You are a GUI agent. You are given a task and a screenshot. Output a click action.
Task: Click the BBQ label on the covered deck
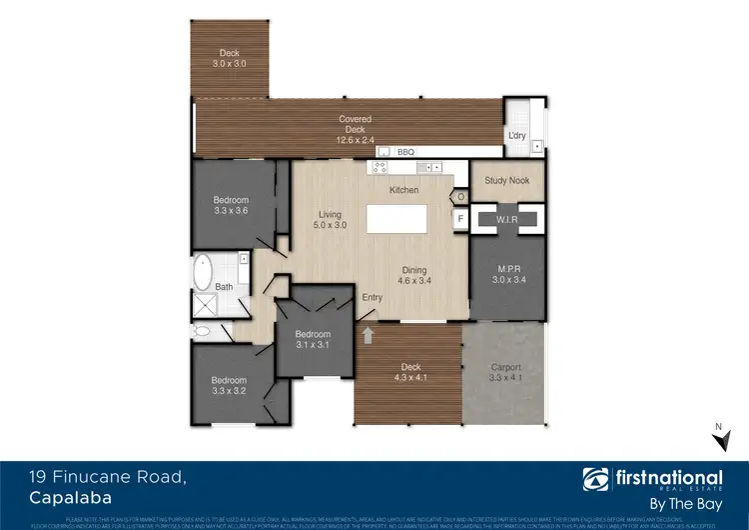[405, 152]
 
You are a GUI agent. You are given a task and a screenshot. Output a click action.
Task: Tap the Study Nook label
[507, 181]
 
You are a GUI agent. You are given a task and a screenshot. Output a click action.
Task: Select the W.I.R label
[507, 218]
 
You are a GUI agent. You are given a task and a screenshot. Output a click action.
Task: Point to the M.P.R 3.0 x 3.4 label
[507, 274]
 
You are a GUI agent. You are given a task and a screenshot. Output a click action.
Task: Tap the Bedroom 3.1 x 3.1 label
[314, 339]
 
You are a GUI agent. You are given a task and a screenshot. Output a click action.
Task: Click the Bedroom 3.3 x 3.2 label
[229, 386]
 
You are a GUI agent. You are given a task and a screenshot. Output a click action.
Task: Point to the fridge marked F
[460, 217]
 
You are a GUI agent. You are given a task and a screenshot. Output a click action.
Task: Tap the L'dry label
[516, 135]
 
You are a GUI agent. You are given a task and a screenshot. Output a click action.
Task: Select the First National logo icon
[596, 477]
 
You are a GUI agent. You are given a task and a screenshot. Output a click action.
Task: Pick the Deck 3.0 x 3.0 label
[229, 58]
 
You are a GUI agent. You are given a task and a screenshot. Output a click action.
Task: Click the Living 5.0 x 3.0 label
[330, 220]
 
